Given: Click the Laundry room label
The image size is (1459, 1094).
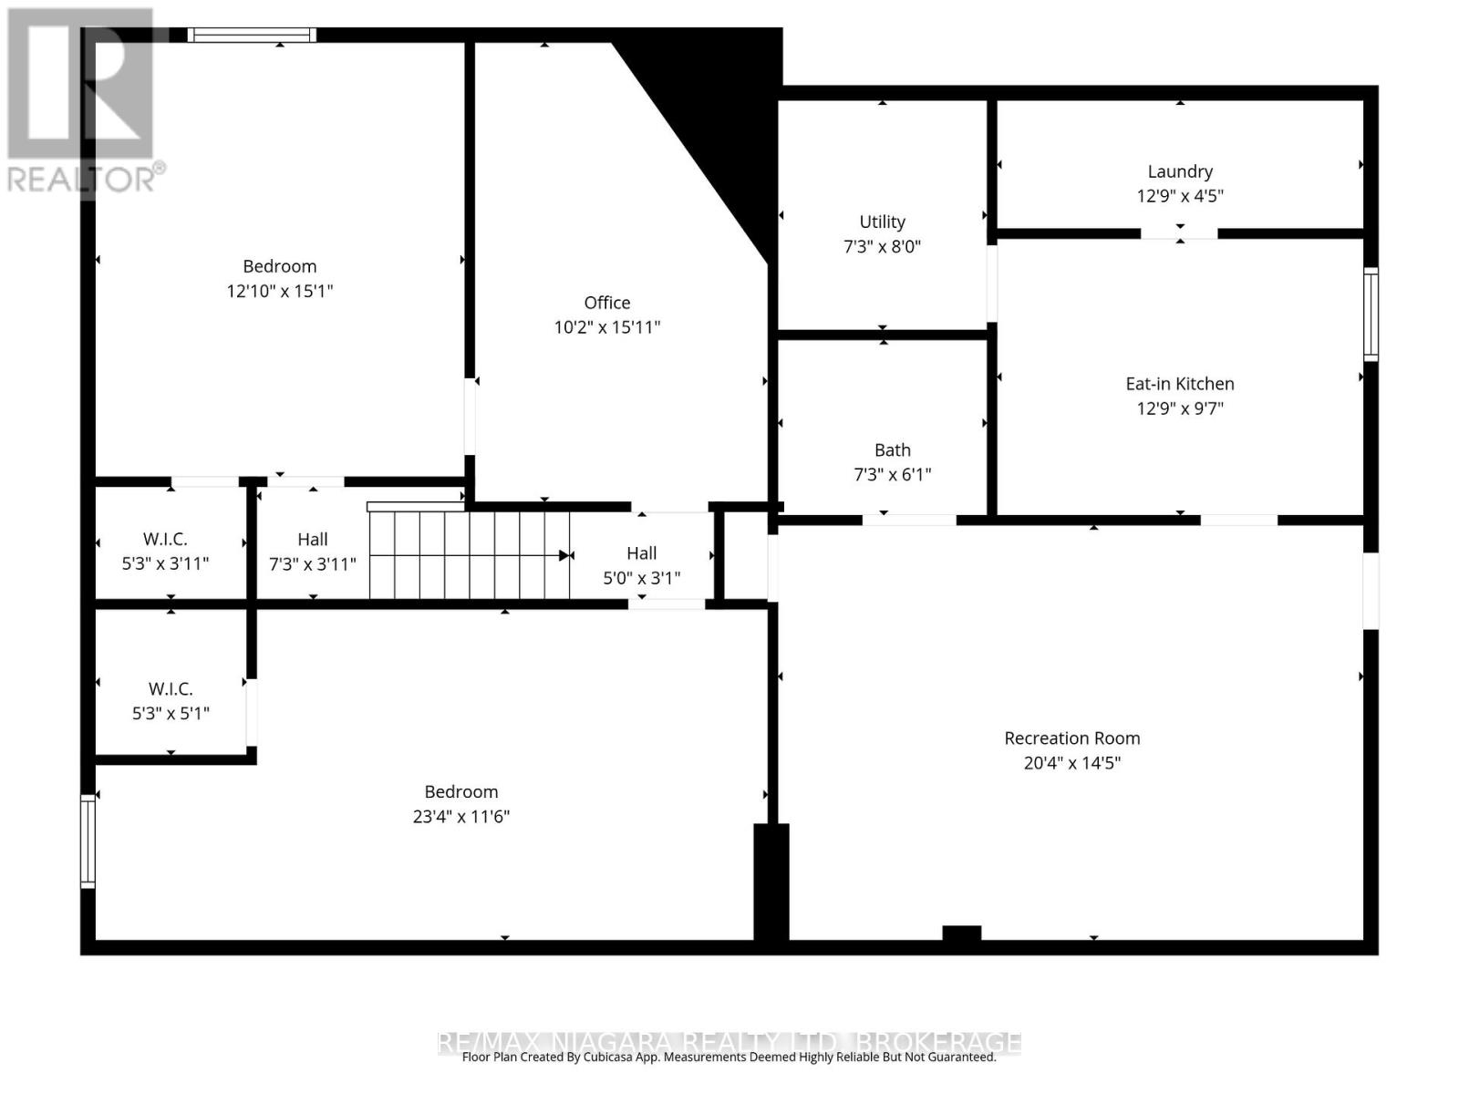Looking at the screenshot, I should [x=1179, y=171].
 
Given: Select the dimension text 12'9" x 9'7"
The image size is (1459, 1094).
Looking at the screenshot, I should [x=1179, y=408].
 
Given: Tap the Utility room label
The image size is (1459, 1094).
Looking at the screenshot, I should [x=882, y=222].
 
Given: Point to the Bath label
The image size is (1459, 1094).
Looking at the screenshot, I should [x=892, y=449].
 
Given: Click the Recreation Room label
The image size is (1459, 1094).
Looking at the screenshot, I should [x=1071, y=738].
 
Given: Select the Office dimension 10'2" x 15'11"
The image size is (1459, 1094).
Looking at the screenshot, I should [x=606, y=327].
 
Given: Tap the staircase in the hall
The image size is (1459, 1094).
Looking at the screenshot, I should [x=470, y=554].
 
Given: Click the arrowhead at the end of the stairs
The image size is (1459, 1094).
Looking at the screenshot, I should [x=566, y=555].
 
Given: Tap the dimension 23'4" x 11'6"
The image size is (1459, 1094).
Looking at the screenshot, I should [x=460, y=817].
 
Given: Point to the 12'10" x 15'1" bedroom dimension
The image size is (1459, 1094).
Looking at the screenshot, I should [x=279, y=292].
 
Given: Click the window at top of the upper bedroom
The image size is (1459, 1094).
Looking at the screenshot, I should [x=253, y=36].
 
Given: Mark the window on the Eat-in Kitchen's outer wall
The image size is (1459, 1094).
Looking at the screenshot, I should [x=1370, y=314].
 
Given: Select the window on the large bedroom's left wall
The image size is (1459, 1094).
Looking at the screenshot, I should [x=88, y=841].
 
